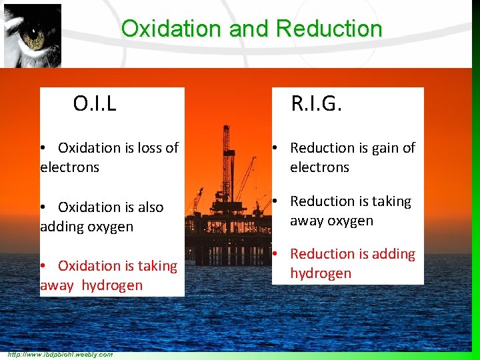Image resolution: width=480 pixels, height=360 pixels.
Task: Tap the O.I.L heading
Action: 95,103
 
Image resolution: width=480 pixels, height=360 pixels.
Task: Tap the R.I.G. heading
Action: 316,103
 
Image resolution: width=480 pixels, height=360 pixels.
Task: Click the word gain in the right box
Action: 387,148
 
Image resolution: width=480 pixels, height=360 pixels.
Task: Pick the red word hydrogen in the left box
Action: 112,285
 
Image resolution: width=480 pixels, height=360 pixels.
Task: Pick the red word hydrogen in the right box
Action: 320,273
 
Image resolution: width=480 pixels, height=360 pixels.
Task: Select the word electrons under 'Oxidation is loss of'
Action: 69,167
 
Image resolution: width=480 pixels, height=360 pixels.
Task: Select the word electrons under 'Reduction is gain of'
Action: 319,167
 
